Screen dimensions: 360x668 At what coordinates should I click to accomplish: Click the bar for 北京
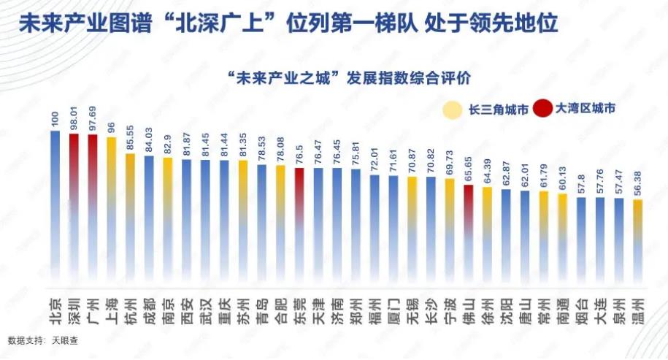[55, 204]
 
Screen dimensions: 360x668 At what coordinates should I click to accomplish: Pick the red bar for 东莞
[299, 226]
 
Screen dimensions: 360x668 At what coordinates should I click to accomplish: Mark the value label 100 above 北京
[55, 121]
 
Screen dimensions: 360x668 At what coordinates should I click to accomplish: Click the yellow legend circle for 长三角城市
[453, 109]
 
